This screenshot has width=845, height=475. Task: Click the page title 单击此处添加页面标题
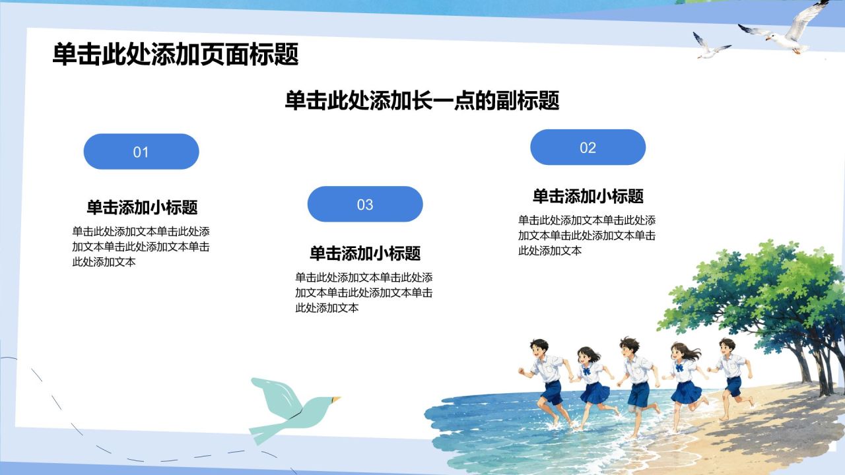tap(176, 55)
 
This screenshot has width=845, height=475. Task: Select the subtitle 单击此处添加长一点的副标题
tap(422, 101)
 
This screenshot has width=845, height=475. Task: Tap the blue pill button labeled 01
tap(141, 152)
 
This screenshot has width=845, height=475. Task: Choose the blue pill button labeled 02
tap(588, 147)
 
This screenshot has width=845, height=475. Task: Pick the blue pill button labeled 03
tap(365, 204)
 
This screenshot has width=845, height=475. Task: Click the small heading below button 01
tap(142, 207)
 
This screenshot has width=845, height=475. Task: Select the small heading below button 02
tap(588, 197)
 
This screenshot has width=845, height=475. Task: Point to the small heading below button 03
tap(365, 253)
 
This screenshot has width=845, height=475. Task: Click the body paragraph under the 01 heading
tap(141, 247)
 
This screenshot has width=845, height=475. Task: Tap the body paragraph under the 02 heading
tap(587, 236)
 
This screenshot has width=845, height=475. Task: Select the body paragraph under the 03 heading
tap(364, 292)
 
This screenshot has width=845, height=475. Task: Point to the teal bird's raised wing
tap(275, 396)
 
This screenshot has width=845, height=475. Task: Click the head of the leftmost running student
tap(539, 349)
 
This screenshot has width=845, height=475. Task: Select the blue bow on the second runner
tap(586, 371)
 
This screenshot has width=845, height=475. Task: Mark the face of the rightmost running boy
tap(726, 348)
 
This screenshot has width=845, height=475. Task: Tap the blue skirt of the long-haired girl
tap(686, 392)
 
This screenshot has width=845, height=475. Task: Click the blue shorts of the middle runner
tap(638, 395)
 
